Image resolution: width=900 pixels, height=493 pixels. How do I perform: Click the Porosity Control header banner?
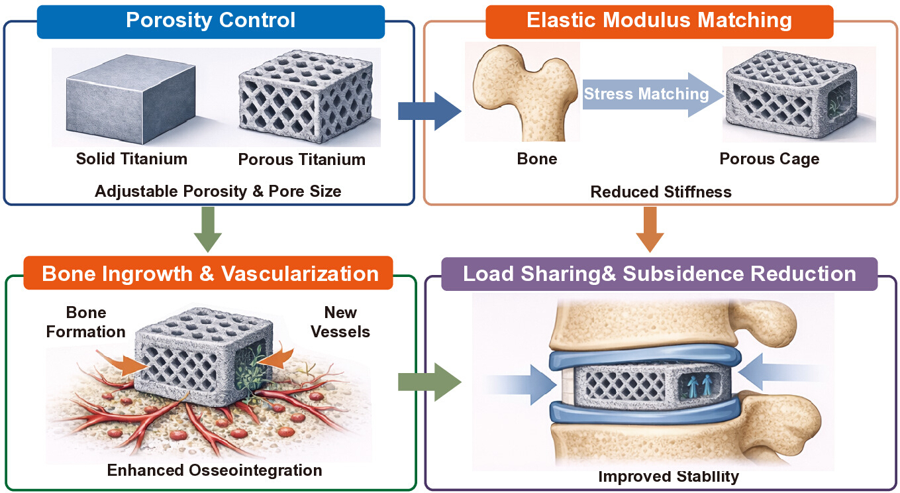pos(211,22)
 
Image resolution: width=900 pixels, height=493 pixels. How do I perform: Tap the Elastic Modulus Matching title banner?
pos(660,22)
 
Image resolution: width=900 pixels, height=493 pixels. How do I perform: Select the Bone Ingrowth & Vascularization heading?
pos(208,273)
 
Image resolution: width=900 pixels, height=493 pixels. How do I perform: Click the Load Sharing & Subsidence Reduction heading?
pos(660,274)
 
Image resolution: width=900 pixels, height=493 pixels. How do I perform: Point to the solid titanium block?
pos(130,99)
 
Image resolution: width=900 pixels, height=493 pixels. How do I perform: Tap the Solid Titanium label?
pos(132,159)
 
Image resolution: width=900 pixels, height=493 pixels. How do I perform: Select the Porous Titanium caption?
pos(302,160)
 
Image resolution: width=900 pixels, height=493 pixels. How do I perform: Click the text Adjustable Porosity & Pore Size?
pos(218,192)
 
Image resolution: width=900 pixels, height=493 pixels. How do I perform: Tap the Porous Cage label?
pos(770,159)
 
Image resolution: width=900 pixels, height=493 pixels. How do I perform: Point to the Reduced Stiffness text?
pos(661,192)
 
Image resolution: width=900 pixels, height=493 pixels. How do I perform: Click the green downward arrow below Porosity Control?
pos(208,229)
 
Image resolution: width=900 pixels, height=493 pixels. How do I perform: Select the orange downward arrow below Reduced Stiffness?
pos(650,229)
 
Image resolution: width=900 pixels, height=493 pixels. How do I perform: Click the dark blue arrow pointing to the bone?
pos(429,111)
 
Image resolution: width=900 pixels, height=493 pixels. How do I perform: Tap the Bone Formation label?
pos(86,322)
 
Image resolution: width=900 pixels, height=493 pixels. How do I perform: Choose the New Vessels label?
pos(340,322)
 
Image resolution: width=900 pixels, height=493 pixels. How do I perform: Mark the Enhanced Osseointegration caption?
pos(215,470)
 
